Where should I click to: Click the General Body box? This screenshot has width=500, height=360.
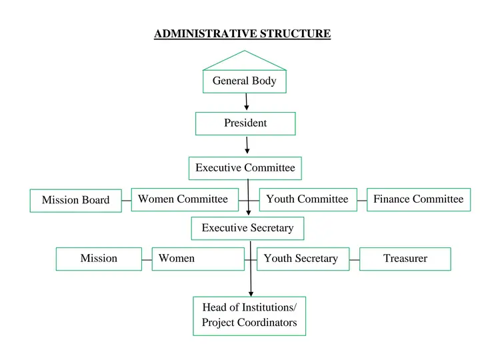pyautogui.click(x=244, y=81)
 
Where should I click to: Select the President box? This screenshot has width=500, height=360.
pyautogui.click(x=245, y=123)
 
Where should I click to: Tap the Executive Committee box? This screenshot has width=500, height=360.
pyautogui.click(x=245, y=168)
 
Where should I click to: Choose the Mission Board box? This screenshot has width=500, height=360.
pyautogui.click(x=76, y=201)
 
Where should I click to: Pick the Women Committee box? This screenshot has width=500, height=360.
pyautogui.click(x=183, y=199)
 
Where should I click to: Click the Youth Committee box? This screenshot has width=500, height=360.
pyautogui.click(x=307, y=199)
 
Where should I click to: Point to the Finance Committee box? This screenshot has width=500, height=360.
pyautogui.click(x=419, y=199)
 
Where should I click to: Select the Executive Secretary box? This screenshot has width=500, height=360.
pyautogui.click(x=247, y=228)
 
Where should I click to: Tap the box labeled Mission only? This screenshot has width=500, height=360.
pyautogui.click(x=99, y=259)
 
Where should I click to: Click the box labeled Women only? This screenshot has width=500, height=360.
pyautogui.click(x=199, y=259)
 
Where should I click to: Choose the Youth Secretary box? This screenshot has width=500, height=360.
pyautogui.click(x=303, y=259)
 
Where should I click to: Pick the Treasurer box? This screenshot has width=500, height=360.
pyautogui.click(x=405, y=259)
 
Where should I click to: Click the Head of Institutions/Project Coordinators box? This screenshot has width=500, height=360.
pyautogui.click(x=249, y=315)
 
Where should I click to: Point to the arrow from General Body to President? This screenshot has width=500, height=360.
pyautogui.click(x=247, y=102)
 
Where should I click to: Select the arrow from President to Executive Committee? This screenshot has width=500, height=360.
pyautogui.click(x=247, y=145)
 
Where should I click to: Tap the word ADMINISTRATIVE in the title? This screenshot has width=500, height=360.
pyautogui.click(x=205, y=33)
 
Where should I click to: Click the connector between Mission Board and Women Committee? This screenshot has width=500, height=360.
pyautogui.click(x=127, y=200)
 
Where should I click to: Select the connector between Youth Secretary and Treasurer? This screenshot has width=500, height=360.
pyautogui.click(x=355, y=259)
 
